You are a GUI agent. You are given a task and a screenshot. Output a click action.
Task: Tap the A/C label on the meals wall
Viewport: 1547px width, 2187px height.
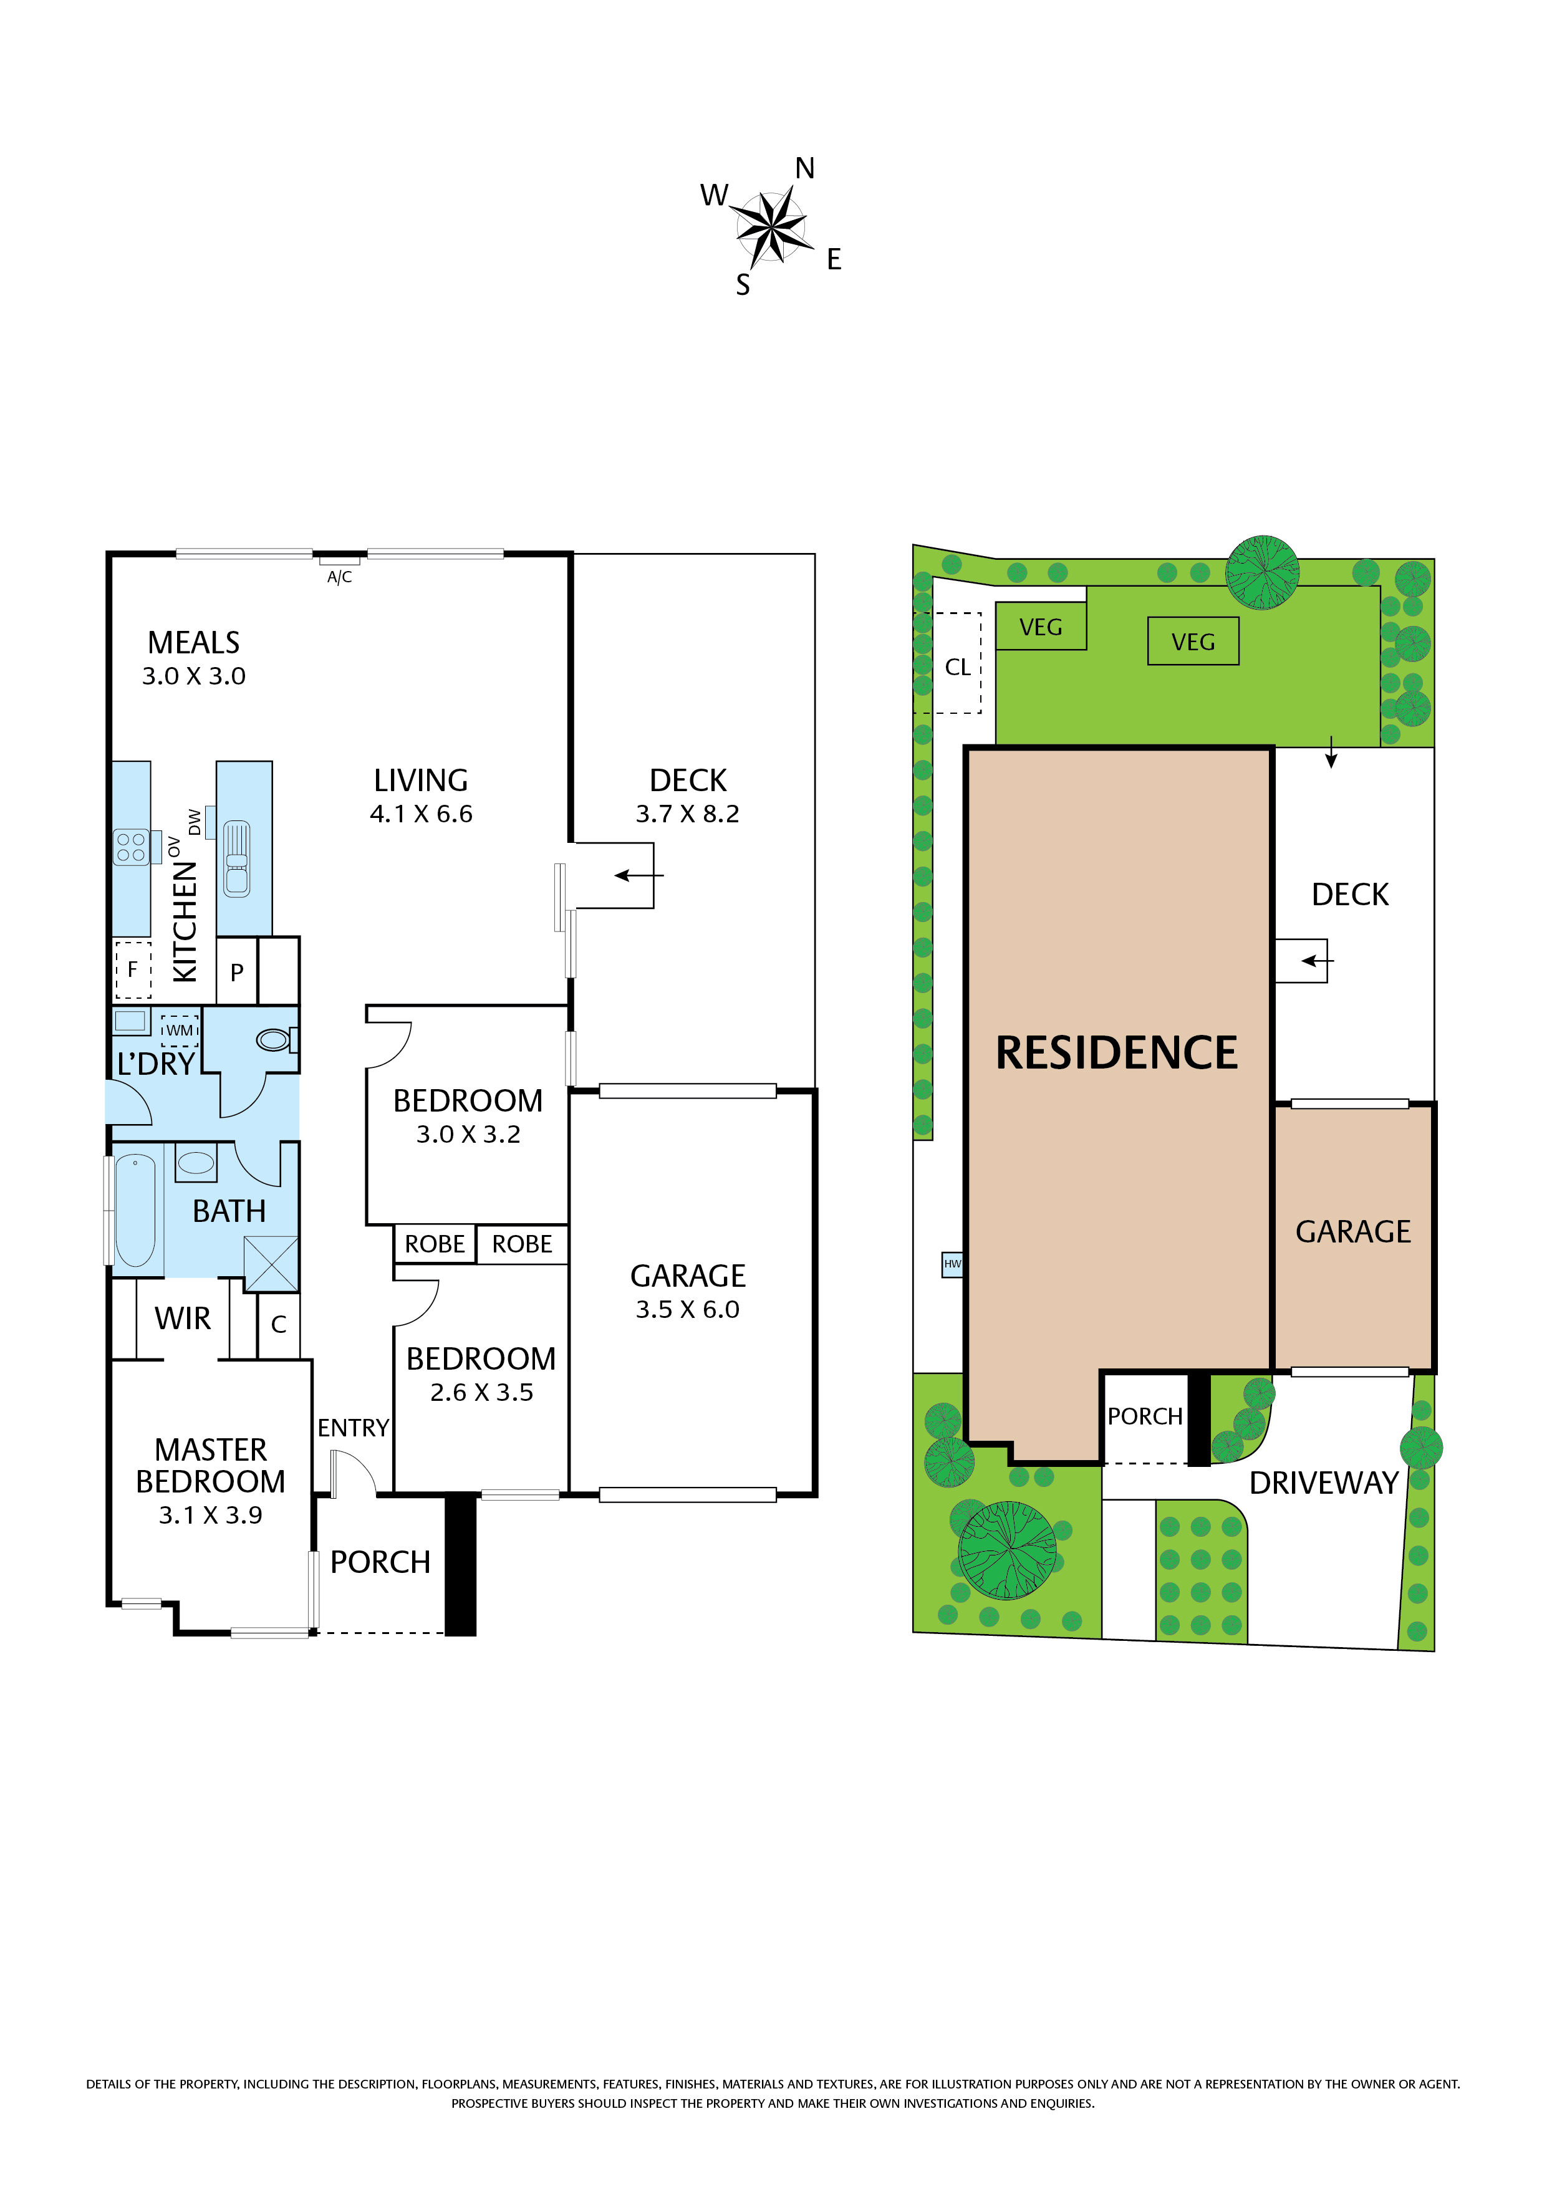coord(339,577)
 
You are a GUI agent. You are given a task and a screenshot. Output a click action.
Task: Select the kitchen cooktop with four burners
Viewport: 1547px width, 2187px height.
coord(132,847)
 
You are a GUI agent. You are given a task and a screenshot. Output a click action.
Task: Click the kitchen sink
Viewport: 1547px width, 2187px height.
coord(236,858)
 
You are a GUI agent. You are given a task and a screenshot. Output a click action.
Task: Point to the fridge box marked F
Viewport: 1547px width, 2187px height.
coord(132,969)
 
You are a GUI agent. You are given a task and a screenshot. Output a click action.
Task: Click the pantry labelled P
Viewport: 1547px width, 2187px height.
coord(237,971)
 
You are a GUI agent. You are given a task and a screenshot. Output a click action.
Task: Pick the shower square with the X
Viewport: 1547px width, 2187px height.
coord(271,1264)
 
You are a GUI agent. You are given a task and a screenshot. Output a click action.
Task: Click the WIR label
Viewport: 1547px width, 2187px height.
coord(183,1319)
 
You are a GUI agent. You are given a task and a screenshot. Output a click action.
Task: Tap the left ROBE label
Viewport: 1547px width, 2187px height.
coord(435,1244)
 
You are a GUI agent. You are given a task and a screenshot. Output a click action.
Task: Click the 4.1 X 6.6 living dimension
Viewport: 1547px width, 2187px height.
coord(421,814)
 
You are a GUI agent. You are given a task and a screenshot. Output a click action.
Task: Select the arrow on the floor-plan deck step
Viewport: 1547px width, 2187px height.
coord(639,875)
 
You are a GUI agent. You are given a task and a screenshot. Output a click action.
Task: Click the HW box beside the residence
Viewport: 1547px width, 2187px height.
coord(953,1264)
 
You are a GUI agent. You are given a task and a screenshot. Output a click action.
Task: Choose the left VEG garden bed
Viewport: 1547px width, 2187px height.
coord(1041,626)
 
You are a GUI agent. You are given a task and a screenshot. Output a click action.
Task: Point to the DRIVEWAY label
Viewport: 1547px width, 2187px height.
coord(1324,1483)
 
